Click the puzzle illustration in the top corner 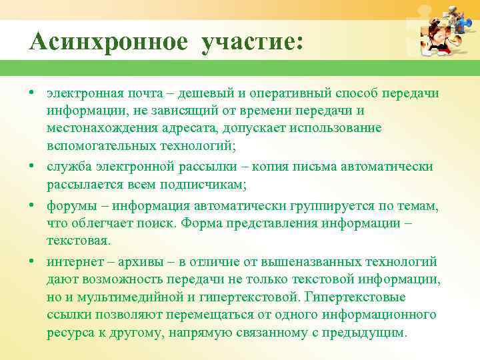[441, 32]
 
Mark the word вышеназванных [313, 261]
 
